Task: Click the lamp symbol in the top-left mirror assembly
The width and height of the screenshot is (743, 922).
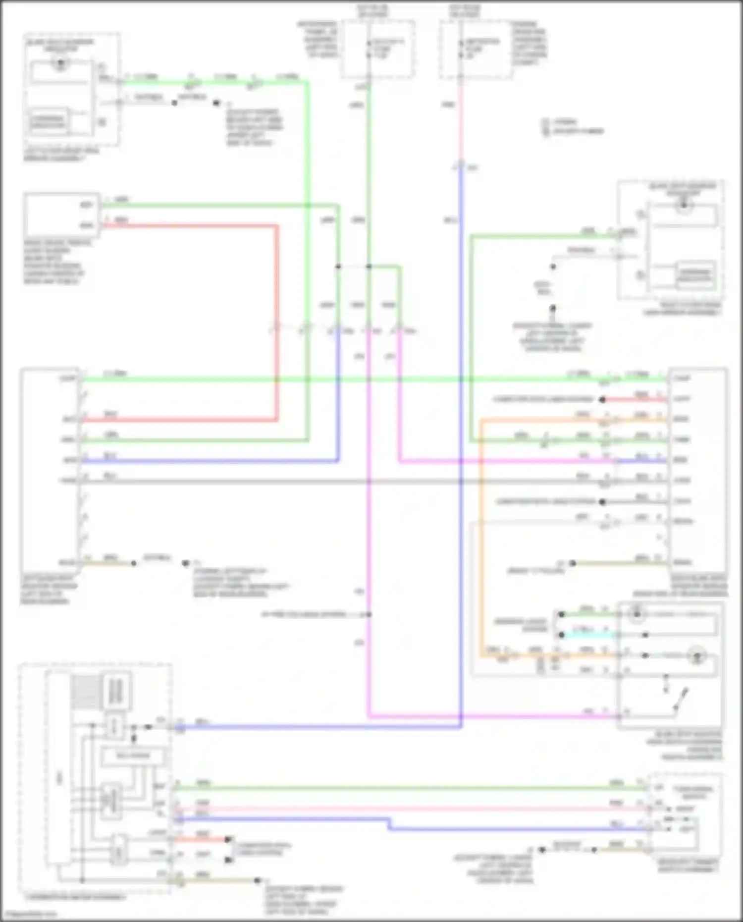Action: click(x=60, y=63)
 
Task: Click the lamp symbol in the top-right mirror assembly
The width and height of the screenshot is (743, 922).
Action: click(x=684, y=205)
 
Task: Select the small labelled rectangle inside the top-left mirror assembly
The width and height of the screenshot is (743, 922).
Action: click(x=48, y=121)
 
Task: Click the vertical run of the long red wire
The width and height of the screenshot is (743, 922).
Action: click(x=276, y=322)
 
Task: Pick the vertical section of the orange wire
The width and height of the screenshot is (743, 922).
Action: click(x=481, y=535)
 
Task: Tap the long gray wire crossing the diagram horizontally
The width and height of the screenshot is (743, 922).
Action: click(x=347, y=481)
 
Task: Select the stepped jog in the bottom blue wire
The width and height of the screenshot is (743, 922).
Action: click(x=389, y=823)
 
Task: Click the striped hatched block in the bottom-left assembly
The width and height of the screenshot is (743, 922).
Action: click(x=86, y=691)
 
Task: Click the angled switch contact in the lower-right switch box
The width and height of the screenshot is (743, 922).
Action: click(x=682, y=698)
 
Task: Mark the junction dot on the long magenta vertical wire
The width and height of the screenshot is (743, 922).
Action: click(x=369, y=614)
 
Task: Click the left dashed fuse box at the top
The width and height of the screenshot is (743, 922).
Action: click(x=377, y=49)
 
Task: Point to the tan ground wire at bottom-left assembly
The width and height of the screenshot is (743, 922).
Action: click(x=218, y=880)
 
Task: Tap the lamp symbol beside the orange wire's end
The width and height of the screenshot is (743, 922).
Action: click(x=697, y=655)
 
